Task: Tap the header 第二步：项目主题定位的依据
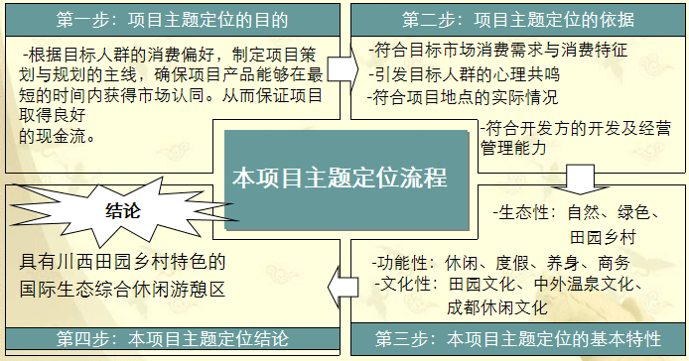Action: pos(518,19)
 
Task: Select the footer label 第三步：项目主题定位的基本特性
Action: pos(518,340)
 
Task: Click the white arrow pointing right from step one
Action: pos(341,67)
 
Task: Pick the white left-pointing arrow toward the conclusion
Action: pos(343,286)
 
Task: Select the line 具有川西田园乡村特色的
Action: pos(123,263)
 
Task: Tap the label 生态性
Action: pos(523,212)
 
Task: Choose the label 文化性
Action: pos(407,285)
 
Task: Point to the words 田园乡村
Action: pos(603,237)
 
